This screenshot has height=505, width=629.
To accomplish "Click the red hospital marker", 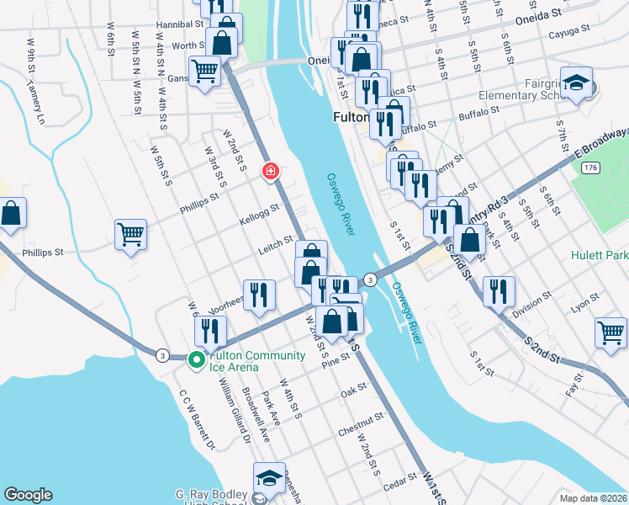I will (x=271, y=172).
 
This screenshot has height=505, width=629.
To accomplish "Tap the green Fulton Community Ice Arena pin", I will (x=197, y=359).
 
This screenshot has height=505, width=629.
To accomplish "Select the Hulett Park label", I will (x=600, y=255).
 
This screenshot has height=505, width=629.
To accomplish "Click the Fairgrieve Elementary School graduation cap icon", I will (x=576, y=82).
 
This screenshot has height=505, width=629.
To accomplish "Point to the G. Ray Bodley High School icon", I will (x=269, y=477).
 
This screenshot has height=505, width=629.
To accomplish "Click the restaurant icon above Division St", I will (x=498, y=291).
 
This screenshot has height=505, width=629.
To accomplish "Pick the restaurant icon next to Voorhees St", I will (x=259, y=295).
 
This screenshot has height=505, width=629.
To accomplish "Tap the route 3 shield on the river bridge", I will (x=369, y=279).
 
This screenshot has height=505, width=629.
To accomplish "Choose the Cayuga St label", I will (x=526, y=34).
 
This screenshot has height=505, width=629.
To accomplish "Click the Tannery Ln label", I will (x=36, y=101).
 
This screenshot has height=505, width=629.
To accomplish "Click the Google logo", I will (x=28, y=495).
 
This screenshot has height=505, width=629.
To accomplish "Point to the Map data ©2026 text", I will (x=592, y=498).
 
